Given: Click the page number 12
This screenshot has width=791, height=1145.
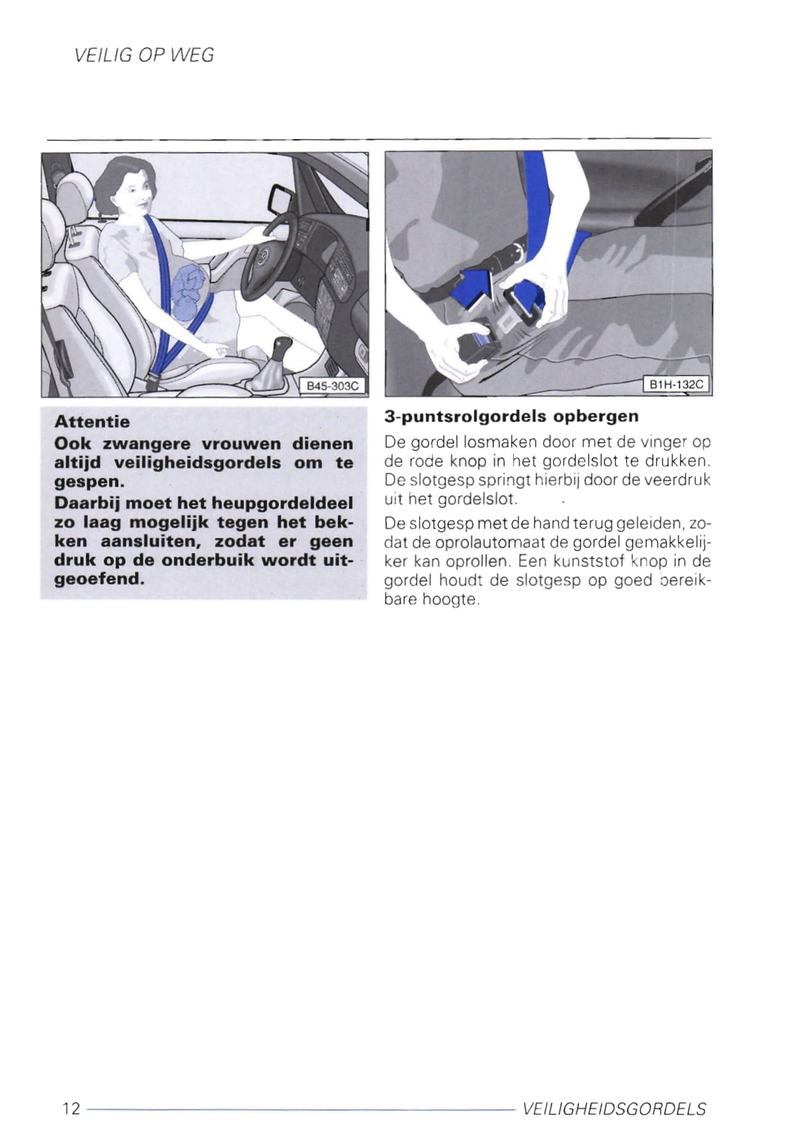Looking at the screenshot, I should pyautogui.click(x=71, y=1108).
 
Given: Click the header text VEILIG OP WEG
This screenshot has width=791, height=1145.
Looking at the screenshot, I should pyautogui.click(x=144, y=55).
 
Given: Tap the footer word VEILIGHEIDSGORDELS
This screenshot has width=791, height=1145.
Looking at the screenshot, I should pyautogui.click(x=614, y=1109).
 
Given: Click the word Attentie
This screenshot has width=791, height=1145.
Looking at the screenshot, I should pyautogui.click(x=91, y=422).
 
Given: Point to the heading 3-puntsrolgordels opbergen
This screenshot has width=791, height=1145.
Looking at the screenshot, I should pyautogui.click(x=511, y=417).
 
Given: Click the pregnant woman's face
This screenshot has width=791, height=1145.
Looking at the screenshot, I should pyautogui.click(x=136, y=194).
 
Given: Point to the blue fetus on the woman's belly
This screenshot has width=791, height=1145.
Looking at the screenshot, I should pyautogui.click(x=188, y=292).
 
